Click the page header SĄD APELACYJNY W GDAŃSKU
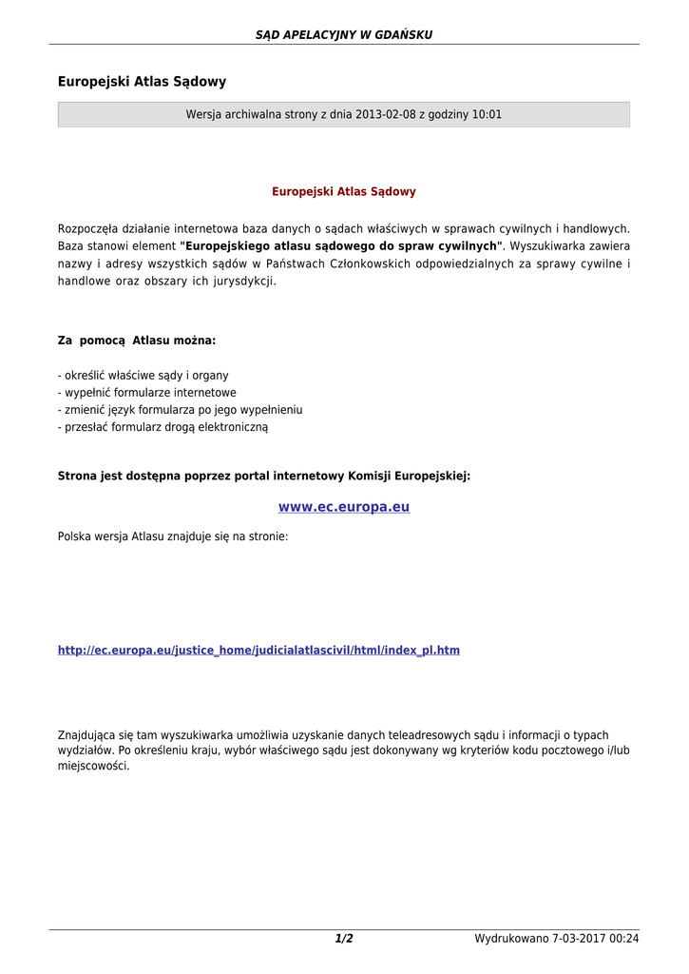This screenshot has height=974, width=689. click(x=343, y=35)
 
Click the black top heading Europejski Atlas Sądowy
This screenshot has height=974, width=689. click(x=142, y=82)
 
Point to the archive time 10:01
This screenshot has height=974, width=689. click(x=487, y=115)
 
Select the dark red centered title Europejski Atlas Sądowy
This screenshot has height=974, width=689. click(x=343, y=192)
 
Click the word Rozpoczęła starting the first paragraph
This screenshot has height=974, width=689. click(x=86, y=229)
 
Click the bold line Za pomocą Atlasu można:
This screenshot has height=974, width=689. click(x=137, y=341)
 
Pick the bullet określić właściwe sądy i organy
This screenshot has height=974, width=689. click(x=144, y=376)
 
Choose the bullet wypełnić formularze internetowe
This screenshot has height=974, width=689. click(x=147, y=393)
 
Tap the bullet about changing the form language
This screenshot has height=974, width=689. click(x=181, y=410)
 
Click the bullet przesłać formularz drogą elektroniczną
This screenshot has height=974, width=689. click(x=163, y=427)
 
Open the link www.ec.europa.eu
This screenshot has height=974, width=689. click(x=343, y=507)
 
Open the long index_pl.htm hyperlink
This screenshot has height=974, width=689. click(x=258, y=651)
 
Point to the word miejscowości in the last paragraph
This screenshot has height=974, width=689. click(x=93, y=767)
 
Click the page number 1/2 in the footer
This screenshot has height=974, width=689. click(x=343, y=940)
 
